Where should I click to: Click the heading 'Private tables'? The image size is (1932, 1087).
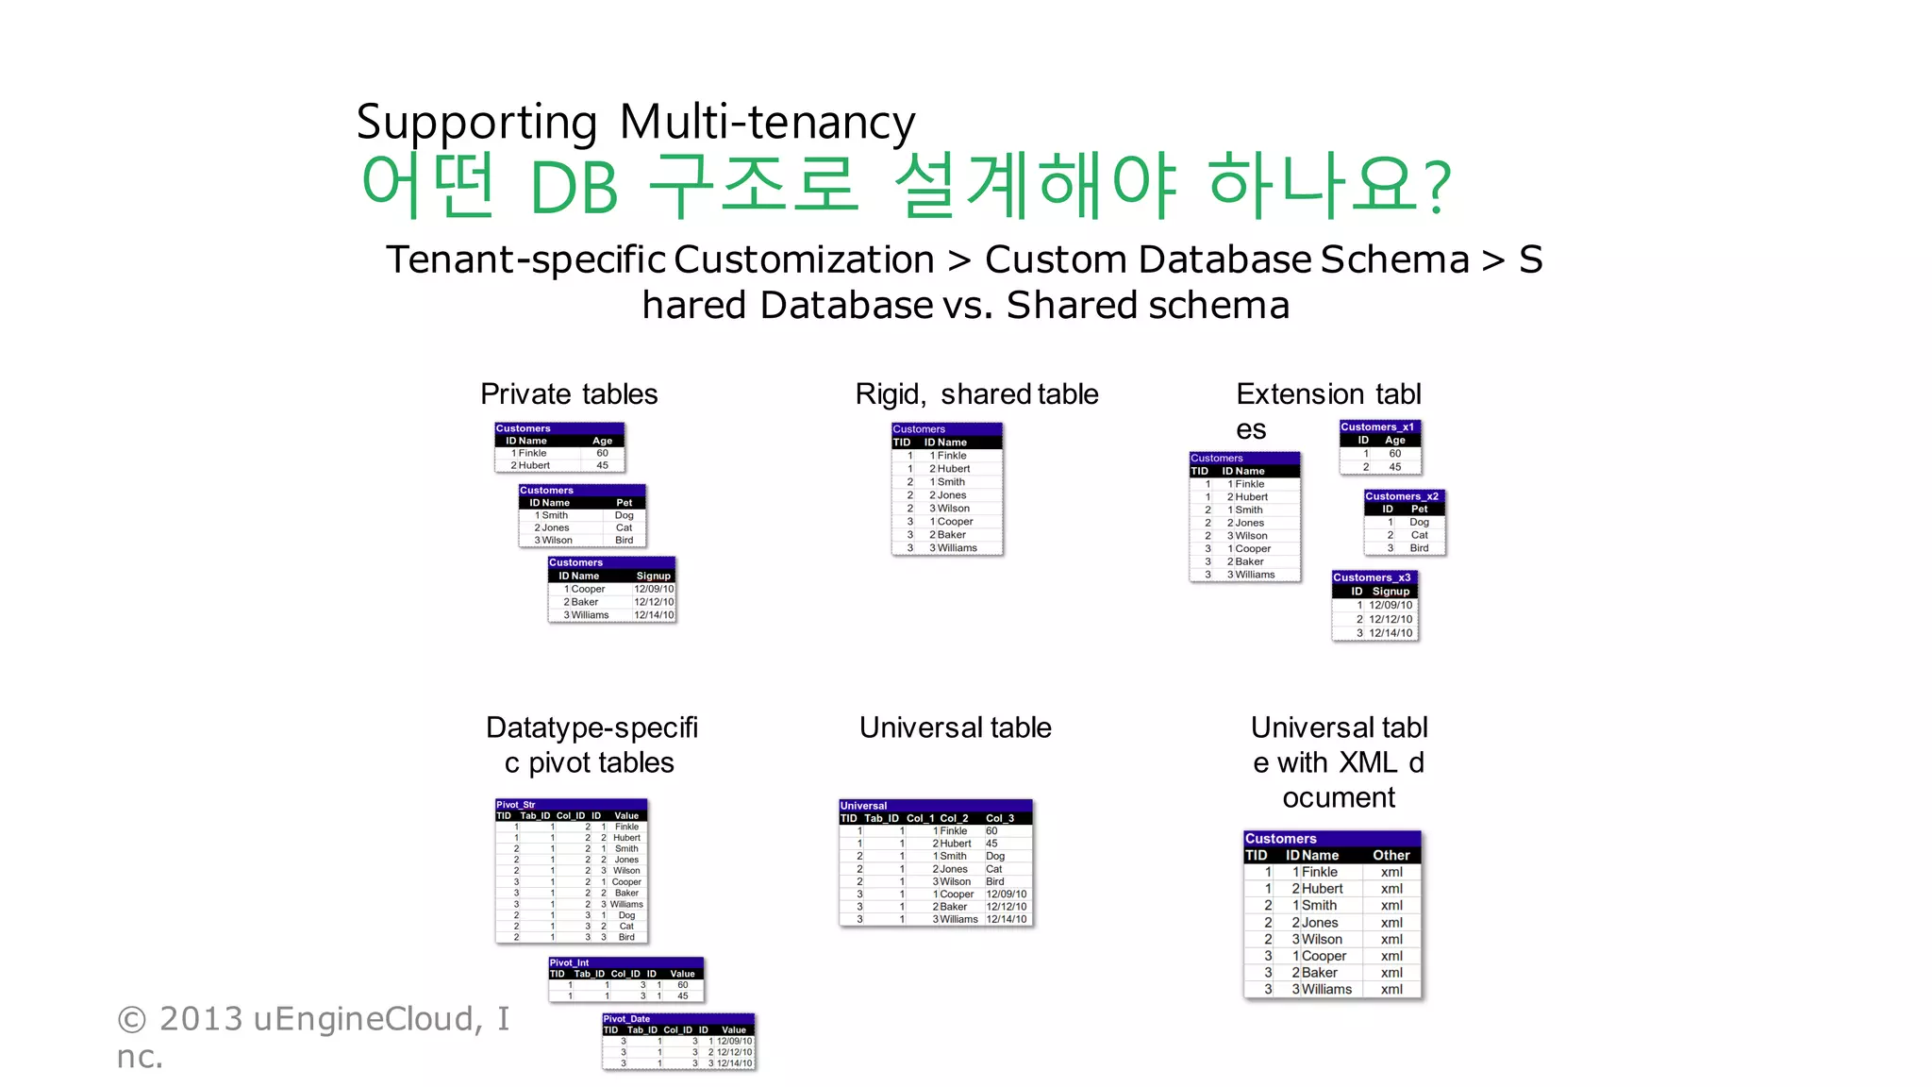tap(569, 393)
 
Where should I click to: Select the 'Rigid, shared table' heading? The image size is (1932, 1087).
tap(976, 393)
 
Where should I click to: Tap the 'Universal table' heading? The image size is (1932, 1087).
tap(955, 727)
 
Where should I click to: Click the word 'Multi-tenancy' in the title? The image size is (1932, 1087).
tap(767, 123)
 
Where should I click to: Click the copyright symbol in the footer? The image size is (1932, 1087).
tap(132, 1020)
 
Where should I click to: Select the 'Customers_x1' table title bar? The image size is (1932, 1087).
tap(1377, 427)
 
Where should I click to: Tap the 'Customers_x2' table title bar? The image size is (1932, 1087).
tap(1402, 496)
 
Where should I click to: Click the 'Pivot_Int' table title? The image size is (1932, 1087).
tap(570, 963)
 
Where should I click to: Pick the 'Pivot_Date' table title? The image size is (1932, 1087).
tap(627, 1019)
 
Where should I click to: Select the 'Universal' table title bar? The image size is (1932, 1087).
tap(864, 806)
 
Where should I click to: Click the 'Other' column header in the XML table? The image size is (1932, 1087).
tap(1391, 855)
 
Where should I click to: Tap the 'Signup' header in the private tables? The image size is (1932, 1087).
tap(653, 576)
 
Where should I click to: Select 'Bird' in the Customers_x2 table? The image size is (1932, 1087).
tap(1419, 548)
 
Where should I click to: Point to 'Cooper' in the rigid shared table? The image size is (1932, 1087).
tap(955, 522)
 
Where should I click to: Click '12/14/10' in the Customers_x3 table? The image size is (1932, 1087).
tap(1391, 633)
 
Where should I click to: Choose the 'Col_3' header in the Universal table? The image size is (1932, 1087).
tap(1000, 818)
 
